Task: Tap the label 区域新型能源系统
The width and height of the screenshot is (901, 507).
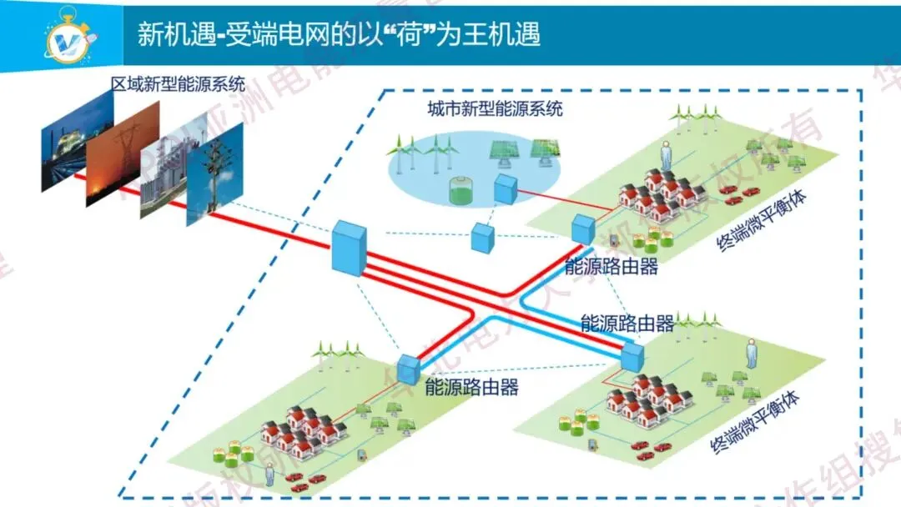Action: coord(178,83)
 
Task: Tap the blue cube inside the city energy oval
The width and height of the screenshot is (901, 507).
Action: coord(506,189)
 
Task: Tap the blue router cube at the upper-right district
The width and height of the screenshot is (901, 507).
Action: coord(581,229)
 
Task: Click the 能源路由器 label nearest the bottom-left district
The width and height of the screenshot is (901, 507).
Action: coord(471,387)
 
